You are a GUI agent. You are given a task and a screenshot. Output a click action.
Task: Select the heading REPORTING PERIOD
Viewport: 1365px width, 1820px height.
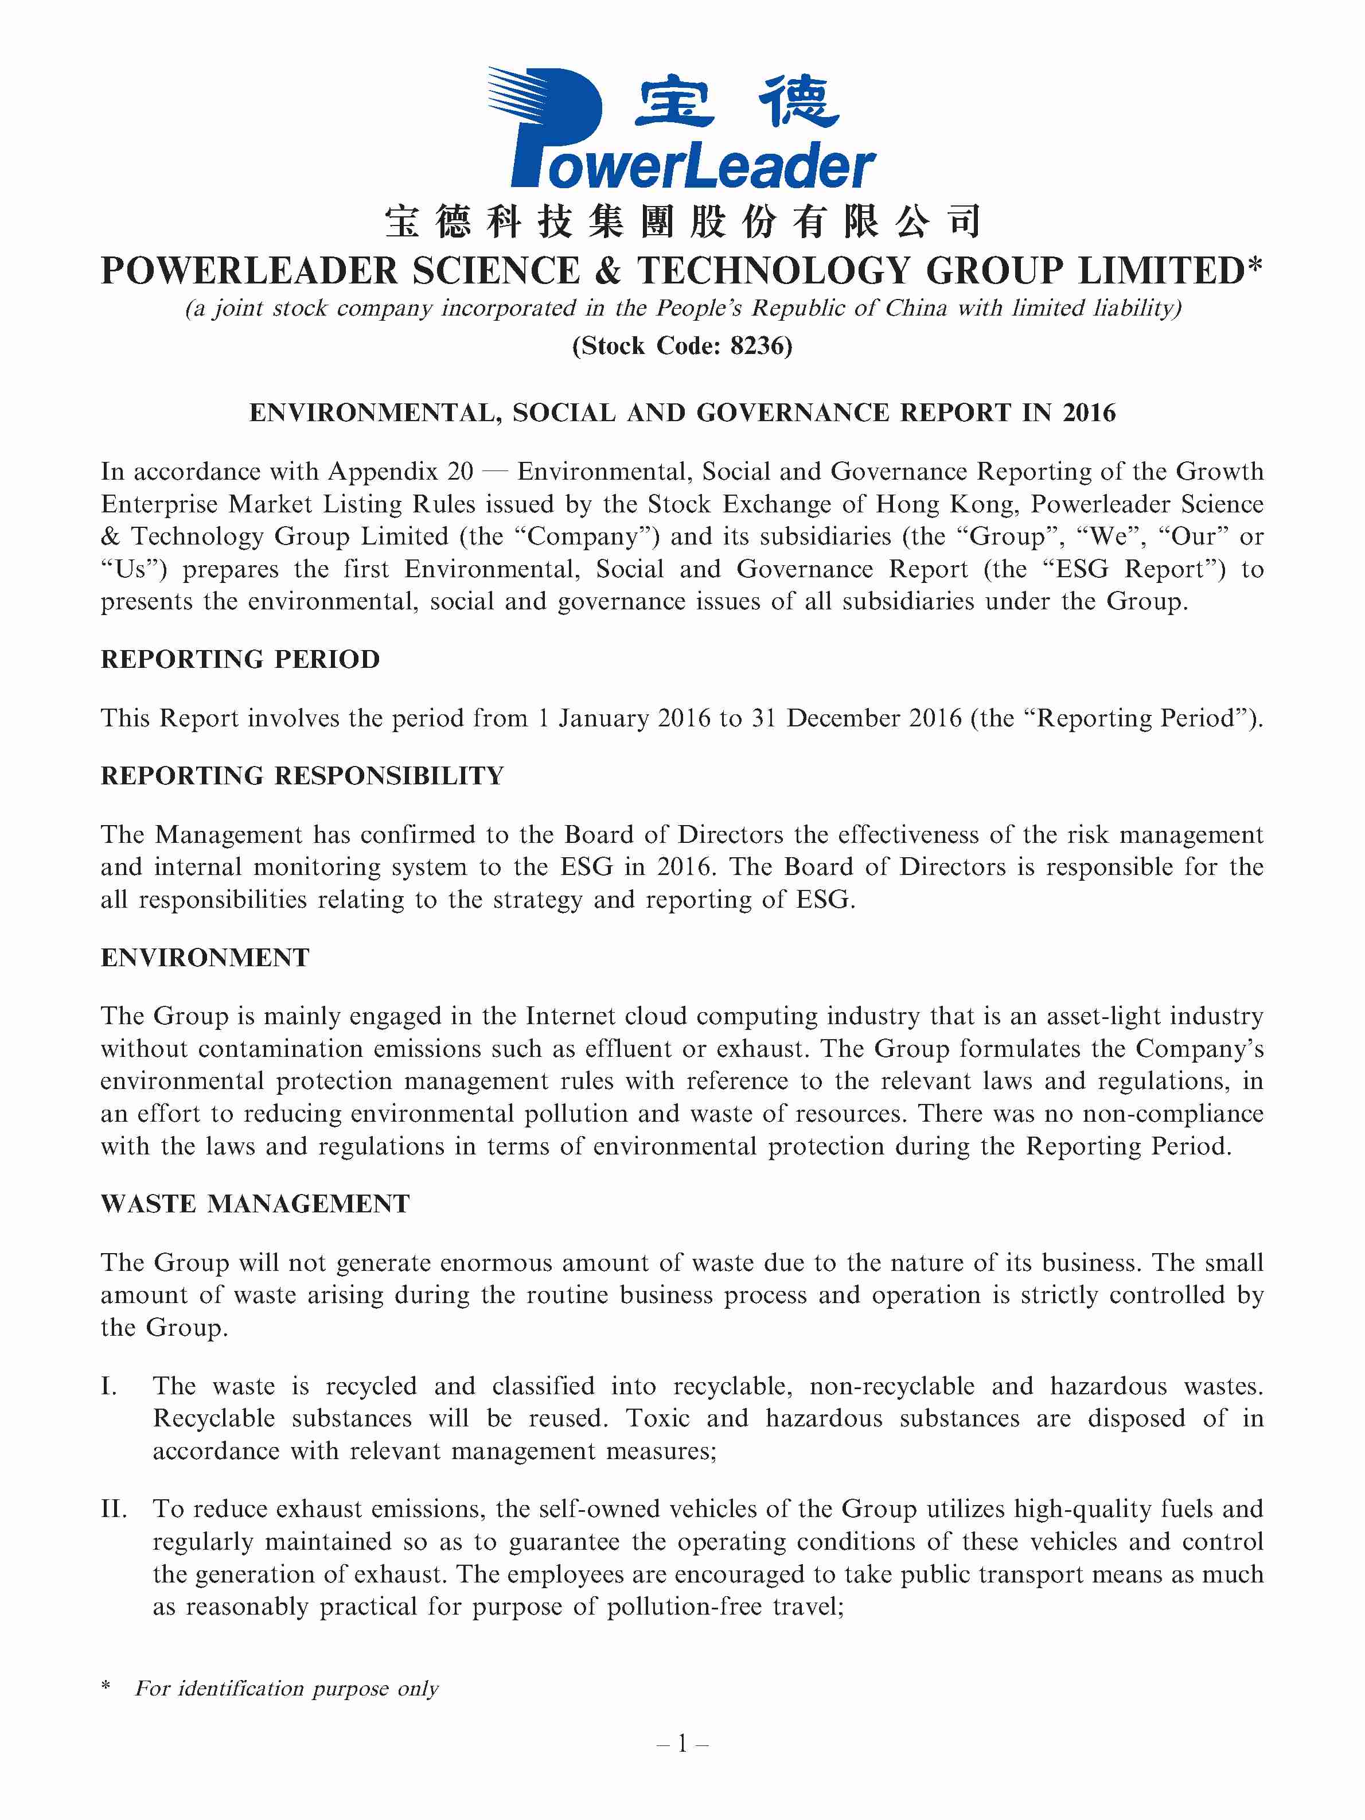[x=240, y=659]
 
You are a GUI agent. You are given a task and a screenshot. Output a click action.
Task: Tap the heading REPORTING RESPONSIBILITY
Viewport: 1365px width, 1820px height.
[x=302, y=776]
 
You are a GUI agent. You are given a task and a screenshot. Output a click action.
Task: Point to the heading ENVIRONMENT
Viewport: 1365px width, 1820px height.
[x=205, y=958]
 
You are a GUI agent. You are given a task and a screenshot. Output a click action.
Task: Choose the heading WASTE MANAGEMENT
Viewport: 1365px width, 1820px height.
[x=255, y=1204]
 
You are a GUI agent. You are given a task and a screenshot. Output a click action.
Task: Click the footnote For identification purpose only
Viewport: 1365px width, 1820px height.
[x=286, y=1689]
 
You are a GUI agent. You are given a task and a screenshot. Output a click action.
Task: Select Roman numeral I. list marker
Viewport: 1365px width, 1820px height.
[x=110, y=1386]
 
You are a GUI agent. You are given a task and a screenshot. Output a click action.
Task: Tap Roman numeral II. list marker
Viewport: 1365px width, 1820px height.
[x=114, y=1509]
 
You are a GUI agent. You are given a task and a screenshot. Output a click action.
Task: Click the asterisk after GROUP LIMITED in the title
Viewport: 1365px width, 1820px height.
[x=1254, y=265]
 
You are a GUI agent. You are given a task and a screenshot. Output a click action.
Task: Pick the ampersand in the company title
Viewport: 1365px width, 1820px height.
[x=609, y=271]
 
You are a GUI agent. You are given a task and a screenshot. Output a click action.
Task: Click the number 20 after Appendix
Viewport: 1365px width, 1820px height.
[x=461, y=472]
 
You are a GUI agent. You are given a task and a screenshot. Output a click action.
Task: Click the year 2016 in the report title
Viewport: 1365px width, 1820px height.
[x=1089, y=412]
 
